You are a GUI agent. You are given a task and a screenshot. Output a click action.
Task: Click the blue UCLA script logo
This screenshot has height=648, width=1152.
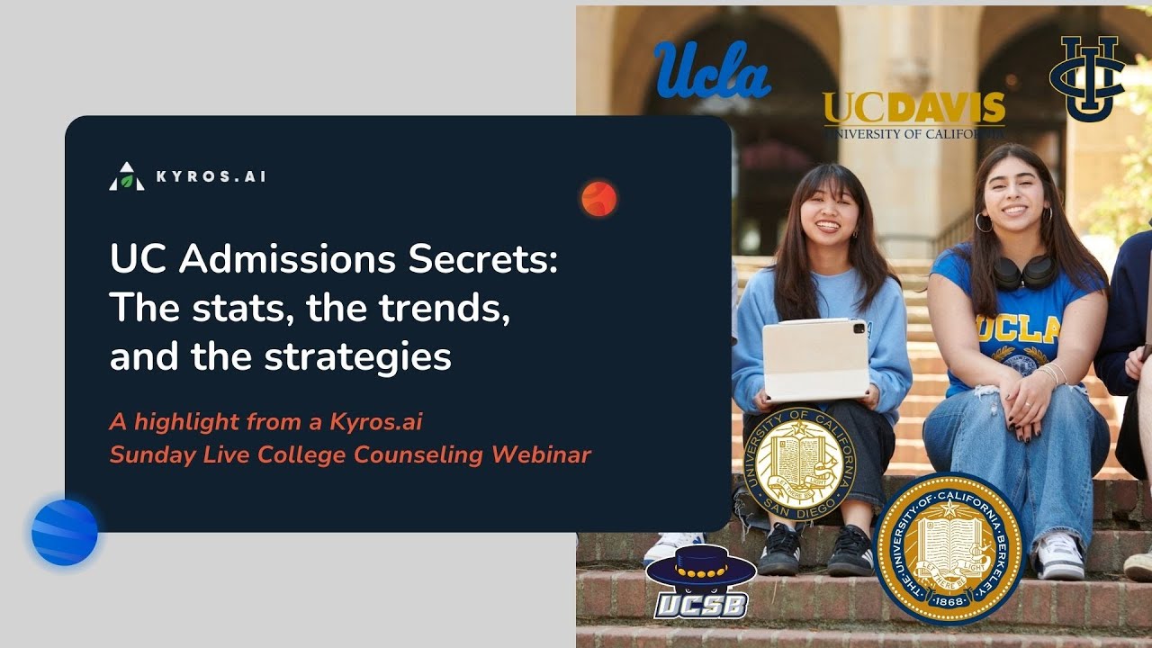(712, 69)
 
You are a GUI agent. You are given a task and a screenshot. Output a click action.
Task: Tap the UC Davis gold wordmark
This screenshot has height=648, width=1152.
(913, 109)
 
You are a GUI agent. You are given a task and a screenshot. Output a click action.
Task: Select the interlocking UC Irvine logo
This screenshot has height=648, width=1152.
(1087, 77)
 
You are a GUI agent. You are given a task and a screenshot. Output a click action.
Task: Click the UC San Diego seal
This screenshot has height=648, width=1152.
(793, 463)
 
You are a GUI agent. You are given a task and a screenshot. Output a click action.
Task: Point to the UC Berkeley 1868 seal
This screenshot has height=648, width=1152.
(949, 548)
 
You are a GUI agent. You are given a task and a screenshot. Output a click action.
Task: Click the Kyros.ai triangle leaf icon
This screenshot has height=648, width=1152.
(127, 176)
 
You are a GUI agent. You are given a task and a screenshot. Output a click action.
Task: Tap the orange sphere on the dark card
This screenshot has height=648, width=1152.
(598, 198)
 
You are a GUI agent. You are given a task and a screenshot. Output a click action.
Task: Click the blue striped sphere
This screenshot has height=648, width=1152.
(65, 533)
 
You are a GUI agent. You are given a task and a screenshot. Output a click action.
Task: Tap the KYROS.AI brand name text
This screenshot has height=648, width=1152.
(211, 176)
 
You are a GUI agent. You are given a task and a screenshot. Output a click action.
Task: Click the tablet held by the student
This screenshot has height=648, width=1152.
(814, 359)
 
